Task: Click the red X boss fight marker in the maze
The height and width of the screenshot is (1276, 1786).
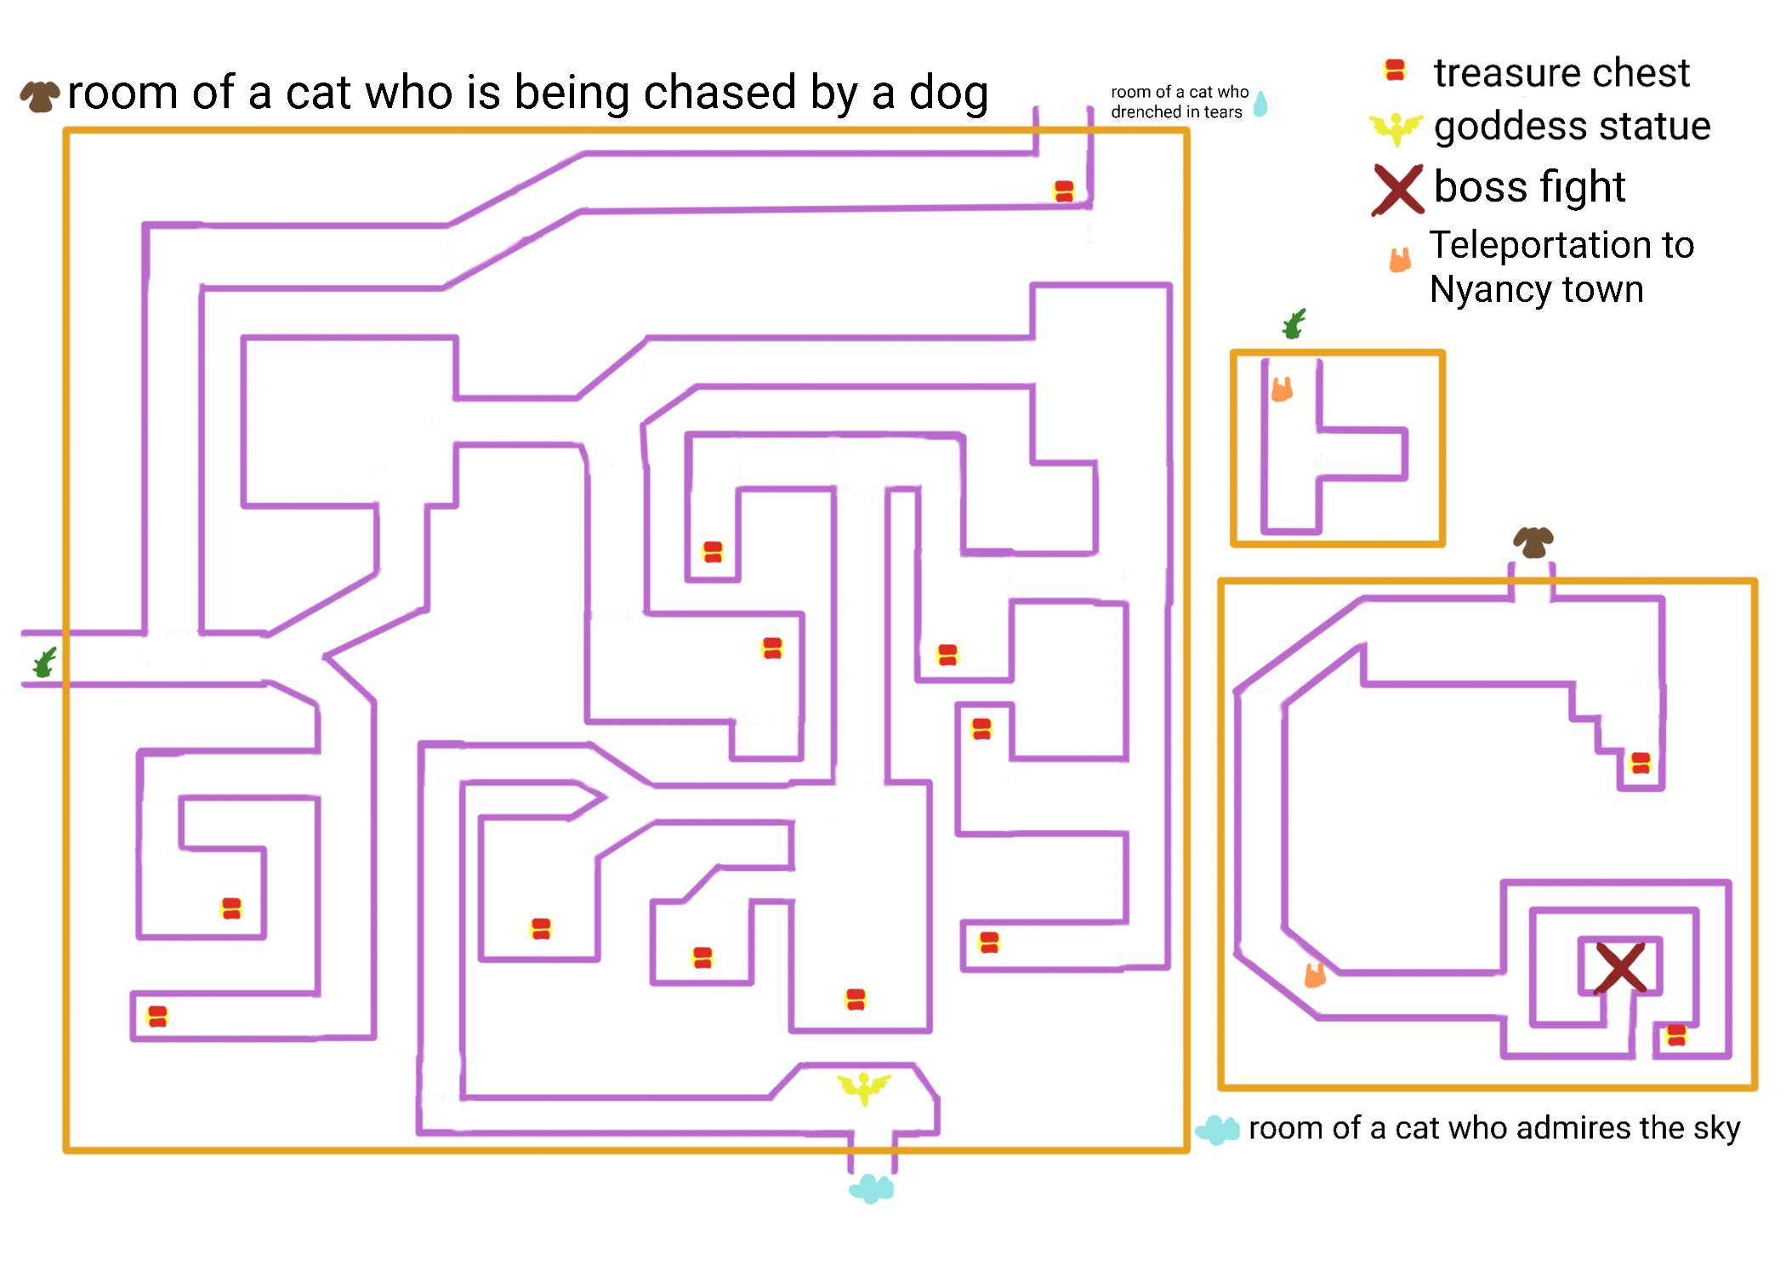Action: (1620, 967)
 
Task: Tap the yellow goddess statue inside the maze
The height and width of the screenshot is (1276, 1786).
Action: (864, 1087)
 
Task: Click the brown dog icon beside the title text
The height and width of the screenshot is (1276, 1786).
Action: (40, 95)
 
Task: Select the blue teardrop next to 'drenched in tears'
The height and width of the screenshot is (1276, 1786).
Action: (1260, 104)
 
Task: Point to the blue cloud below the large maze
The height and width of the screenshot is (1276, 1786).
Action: (872, 1188)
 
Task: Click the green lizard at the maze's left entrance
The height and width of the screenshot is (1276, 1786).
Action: (45, 662)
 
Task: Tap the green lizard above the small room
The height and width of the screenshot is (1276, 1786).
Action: (1294, 324)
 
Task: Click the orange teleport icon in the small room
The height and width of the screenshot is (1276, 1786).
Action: (1282, 389)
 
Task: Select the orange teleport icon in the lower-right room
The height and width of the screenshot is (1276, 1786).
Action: (1315, 975)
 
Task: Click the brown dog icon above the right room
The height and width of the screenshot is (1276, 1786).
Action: (1533, 541)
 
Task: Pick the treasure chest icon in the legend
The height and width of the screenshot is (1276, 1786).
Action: (1395, 70)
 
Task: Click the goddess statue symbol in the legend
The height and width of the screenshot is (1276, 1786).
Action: (1396, 128)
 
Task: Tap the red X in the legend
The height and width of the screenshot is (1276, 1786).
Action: (1397, 190)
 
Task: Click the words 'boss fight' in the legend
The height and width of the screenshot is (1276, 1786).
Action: (1529, 187)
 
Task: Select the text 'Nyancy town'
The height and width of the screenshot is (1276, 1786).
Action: (1536, 289)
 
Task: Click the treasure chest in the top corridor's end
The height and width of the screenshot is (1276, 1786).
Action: (1064, 191)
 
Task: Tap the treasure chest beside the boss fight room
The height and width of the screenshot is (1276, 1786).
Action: (1676, 1035)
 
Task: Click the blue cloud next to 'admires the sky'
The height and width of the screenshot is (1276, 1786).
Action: (1218, 1130)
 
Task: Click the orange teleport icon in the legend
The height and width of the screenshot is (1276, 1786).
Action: (1400, 259)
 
